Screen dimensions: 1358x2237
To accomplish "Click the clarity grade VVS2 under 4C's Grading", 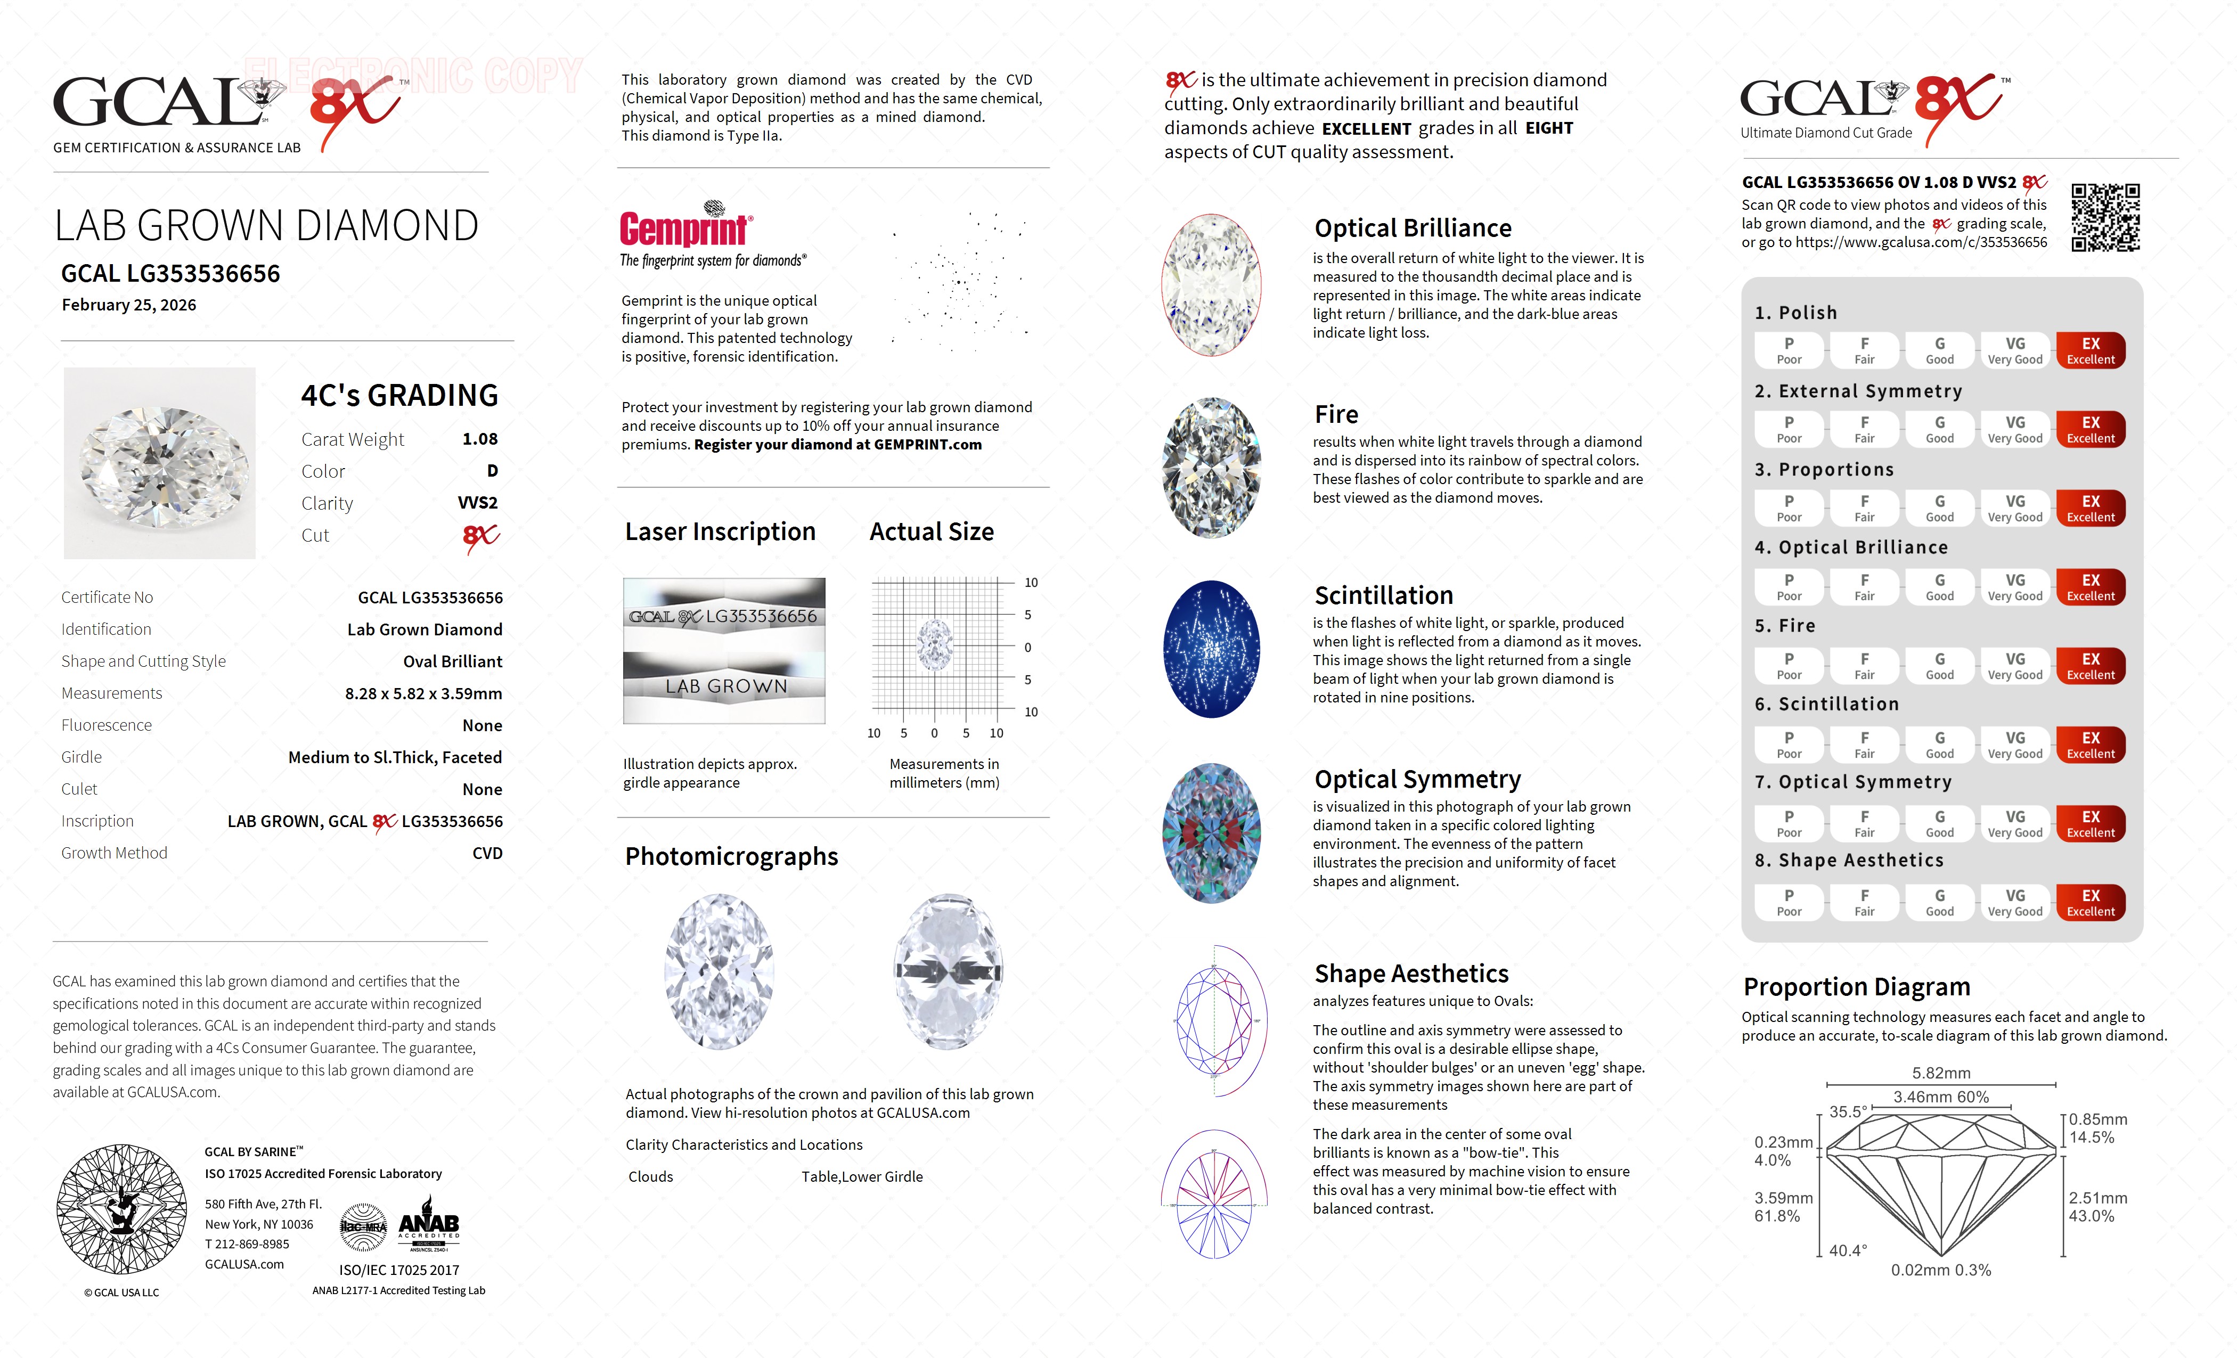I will [x=478, y=503].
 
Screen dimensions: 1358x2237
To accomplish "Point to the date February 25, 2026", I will [x=129, y=305].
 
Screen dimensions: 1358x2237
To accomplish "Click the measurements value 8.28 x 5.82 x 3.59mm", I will [x=423, y=693].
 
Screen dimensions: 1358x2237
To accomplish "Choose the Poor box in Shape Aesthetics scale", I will [x=1789, y=902].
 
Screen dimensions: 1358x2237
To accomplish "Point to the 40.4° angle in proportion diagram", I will [x=1848, y=1250].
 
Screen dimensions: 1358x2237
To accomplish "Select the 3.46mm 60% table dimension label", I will [x=1940, y=1097].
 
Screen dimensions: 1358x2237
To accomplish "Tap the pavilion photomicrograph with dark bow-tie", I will [x=948, y=971].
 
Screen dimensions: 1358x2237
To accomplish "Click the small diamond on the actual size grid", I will [x=934, y=645].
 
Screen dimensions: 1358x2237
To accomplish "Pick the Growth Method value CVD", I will [x=487, y=853].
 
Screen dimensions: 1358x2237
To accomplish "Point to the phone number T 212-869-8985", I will [x=247, y=1245].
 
